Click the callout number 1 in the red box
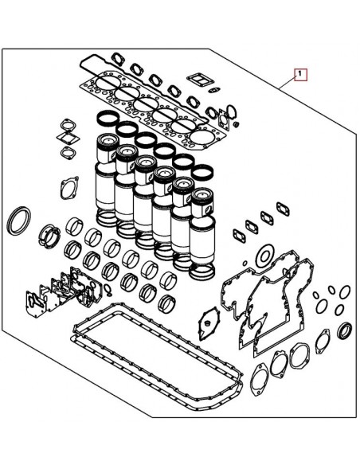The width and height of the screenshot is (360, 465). point(299,76)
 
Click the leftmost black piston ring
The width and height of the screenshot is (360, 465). point(107,118)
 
